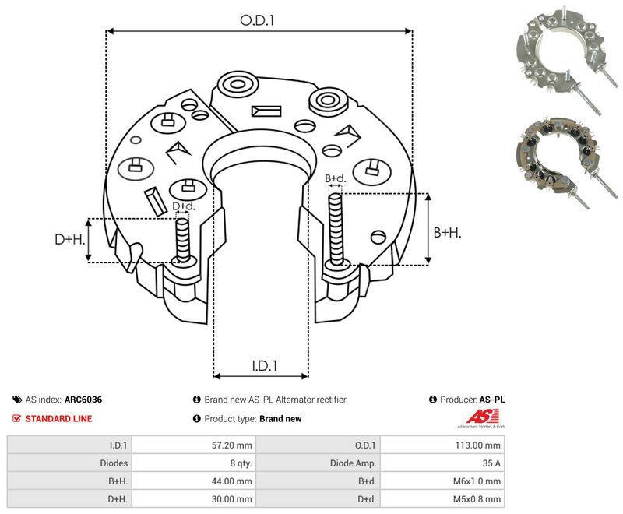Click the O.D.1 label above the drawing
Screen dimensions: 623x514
pos(258,20)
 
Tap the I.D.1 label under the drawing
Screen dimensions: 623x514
pos(264,365)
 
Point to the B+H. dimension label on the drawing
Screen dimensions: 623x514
pos(447,232)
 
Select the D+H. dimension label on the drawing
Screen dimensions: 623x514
pos(70,239)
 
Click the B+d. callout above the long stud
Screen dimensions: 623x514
pos(336,178)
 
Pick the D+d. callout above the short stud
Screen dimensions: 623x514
pos(184,206)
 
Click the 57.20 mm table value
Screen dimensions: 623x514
pos(231,445)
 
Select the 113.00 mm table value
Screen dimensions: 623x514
pos(477,445)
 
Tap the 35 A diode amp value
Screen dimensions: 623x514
pos(491,463)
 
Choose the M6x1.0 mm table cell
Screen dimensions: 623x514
pos(477,481)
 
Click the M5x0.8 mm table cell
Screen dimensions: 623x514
pos(477,499)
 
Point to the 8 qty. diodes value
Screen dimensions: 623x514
pos(241,463)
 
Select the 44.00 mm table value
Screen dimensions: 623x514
pos(231,481)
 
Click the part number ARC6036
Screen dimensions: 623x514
pos(83,400)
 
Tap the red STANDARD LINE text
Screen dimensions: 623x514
pos(58,419)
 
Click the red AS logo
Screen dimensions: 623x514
pos(482,417)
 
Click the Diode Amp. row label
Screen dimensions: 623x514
pos(353,463)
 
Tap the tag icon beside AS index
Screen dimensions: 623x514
pos(17,400)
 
